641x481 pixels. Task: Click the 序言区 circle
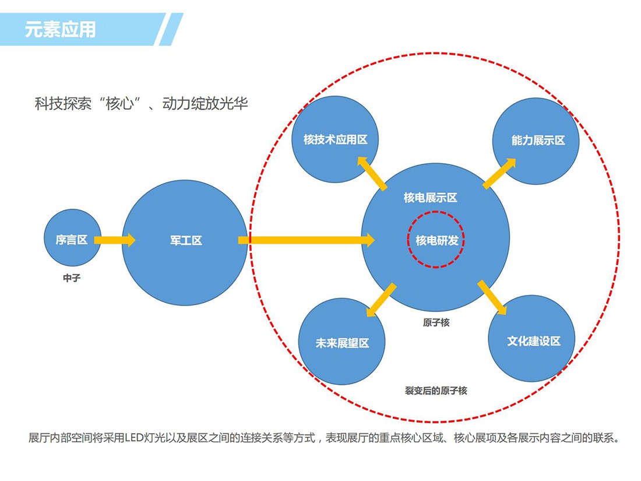(x=72, y=239)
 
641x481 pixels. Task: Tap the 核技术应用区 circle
(x=335, y=139)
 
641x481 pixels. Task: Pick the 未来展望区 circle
(x=342, y=343)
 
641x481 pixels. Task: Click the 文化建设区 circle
(x=532, y=340)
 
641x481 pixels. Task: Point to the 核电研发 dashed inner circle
(x=436, y=240)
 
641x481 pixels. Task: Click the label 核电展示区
(x=431, y=198)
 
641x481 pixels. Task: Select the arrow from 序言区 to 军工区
(x=114, y=240)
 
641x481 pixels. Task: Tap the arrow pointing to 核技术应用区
(x=372, y=173)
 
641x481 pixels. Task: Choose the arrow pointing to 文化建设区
(x=491, y=298)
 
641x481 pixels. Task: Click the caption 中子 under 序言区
(x=72, y=279)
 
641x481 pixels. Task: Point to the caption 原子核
(x=436, y=322)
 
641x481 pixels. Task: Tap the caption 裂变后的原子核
(x=436, y=391)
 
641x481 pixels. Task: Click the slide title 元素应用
(x=60, y=29)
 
